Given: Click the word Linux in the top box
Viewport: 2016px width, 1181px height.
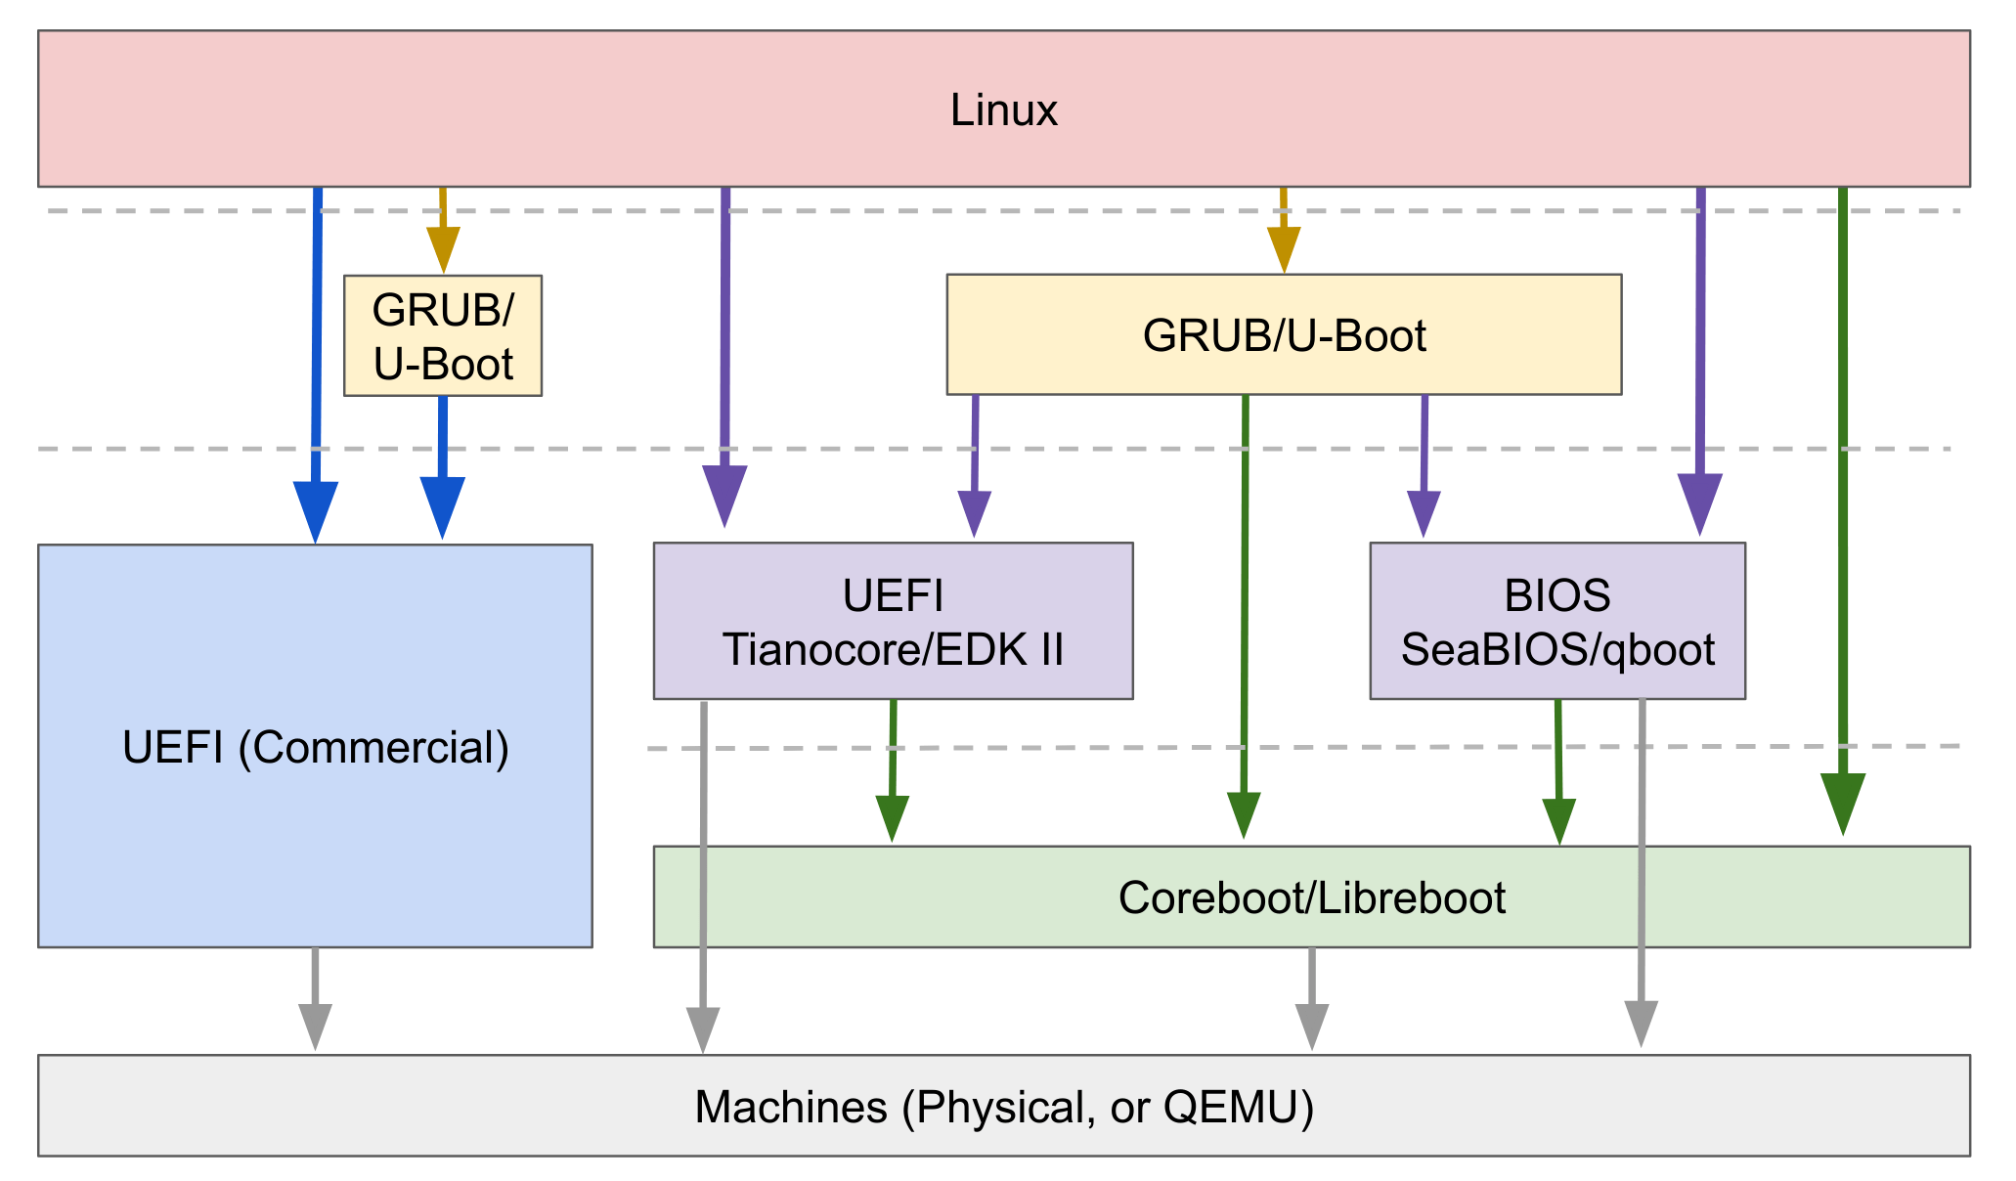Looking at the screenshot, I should pos(1003,109).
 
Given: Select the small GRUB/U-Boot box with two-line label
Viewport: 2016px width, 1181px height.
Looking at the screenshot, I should pos(442,335).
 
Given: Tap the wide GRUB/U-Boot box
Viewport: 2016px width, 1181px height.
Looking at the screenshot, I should pos(1283,335).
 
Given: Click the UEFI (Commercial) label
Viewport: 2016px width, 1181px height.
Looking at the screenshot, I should pos(315,747).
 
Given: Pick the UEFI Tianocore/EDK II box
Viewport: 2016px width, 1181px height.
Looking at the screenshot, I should pos(892,622).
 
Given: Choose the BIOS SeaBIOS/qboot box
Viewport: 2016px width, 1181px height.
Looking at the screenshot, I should pos(1556,622).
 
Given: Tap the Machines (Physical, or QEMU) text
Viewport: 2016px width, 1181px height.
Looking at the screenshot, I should pos(1003,1107).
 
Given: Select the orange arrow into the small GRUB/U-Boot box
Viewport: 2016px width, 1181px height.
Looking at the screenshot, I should pos(442,231).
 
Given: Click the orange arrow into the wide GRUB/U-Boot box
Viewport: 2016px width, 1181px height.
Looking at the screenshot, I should pos(1283,231).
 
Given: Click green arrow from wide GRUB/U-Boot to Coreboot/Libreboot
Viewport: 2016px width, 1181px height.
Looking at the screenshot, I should pos(1244,616).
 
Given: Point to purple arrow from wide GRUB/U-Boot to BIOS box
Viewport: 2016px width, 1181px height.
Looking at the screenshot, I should pos(1424,464).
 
